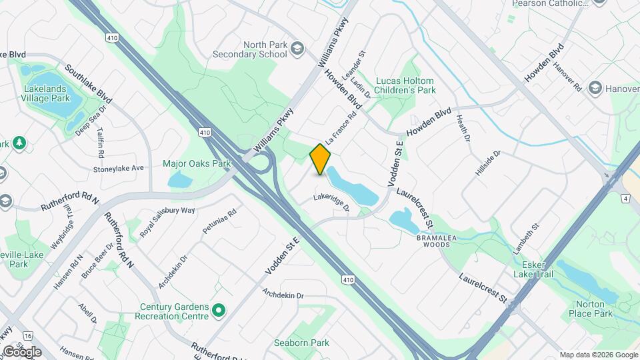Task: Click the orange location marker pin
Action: pyautogui.click(x=321, y=159)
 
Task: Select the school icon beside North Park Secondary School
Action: pyautogui.click(x=296, y=48)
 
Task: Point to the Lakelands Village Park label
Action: pyautogui.click(x=47, y=93)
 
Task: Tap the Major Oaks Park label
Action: pyautogui.click(x=197, y=163)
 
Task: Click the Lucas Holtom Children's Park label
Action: pyautogui.click(x=405, y=85)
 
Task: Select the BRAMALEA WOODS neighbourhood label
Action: pyautogui.click(x=437, y=240)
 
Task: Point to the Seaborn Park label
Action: pyautogui.click(x=301, y=343)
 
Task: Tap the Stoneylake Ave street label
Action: pyautogui.click(x=119, y=168)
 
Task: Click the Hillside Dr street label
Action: pyautogui.click(x=487, y=162)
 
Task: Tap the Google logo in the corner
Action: pyautogui.click(x=22, y=351)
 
